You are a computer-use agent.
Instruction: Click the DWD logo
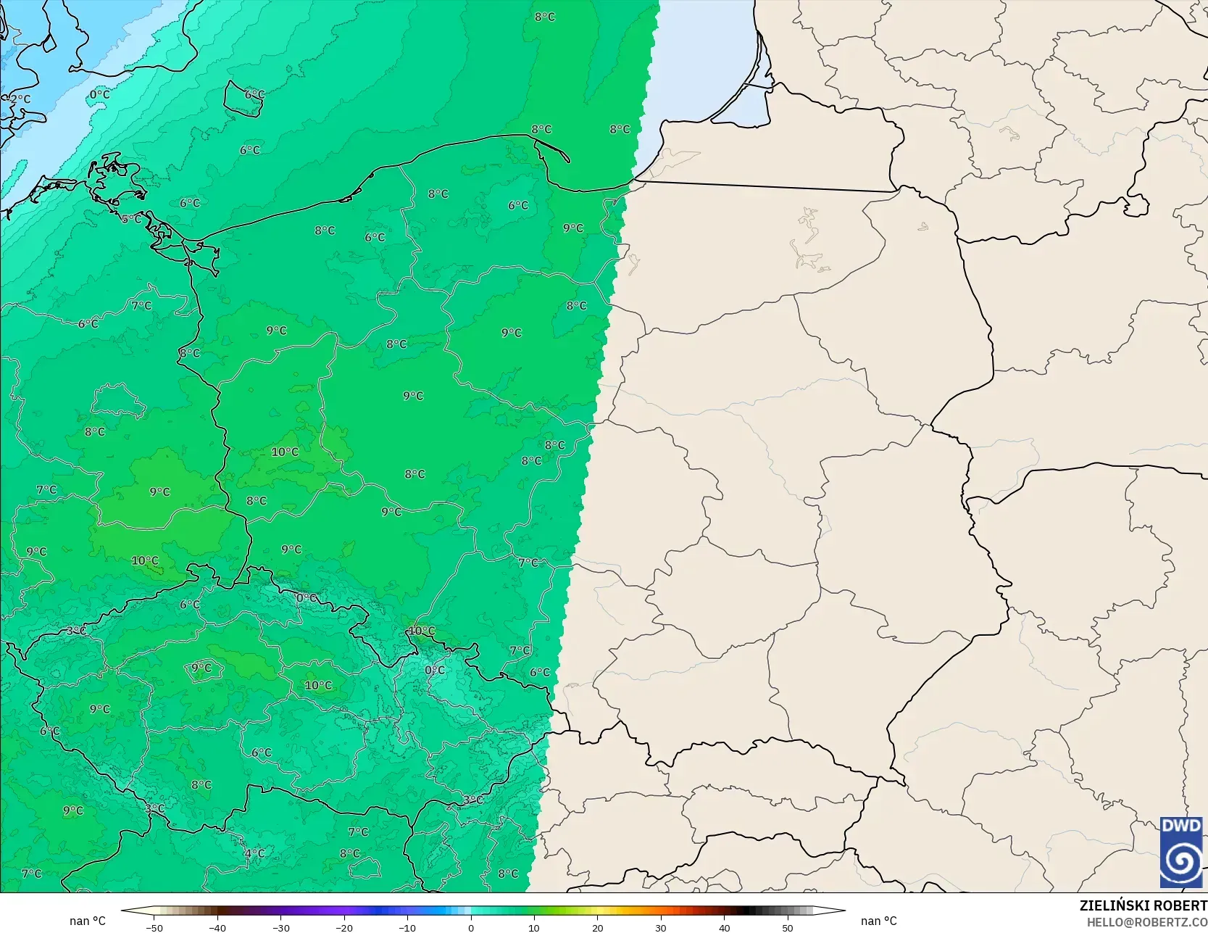1181,852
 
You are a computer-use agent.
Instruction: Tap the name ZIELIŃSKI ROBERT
1143,905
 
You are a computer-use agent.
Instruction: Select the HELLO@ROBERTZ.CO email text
1146,921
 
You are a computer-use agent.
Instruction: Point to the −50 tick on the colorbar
154,927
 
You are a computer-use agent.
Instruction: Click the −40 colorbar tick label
217,927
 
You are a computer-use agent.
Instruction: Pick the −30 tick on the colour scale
281,927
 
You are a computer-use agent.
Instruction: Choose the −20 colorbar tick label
344,927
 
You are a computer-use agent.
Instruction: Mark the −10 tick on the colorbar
407,927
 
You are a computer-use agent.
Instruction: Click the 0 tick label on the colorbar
471,927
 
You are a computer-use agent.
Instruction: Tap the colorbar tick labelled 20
597,927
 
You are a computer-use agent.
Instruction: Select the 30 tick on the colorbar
661,927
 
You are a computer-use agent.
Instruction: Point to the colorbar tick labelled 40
724,927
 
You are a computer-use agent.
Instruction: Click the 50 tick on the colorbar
788,927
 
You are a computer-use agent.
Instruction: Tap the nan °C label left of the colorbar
88,921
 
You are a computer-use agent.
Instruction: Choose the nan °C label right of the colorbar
878,921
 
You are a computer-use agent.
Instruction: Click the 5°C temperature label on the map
131,219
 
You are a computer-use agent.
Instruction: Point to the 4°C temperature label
254,853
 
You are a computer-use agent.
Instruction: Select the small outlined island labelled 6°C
243,99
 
